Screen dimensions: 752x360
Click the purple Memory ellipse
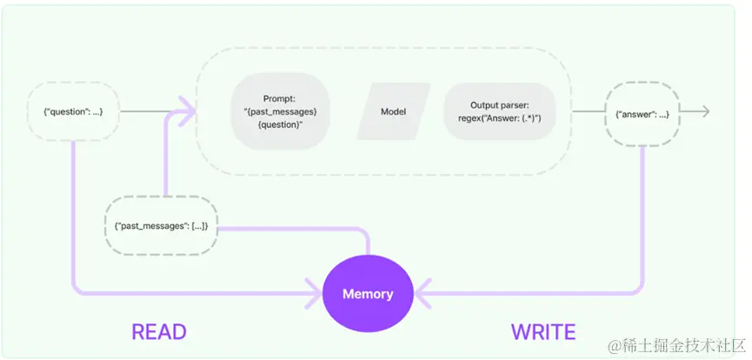368,293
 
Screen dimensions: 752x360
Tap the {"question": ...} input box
72,112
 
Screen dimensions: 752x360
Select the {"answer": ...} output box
642,115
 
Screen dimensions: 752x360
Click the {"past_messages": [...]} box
161,225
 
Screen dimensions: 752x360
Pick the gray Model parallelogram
393,112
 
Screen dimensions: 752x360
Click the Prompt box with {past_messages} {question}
281,111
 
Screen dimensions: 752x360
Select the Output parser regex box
500,111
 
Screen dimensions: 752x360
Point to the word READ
159,332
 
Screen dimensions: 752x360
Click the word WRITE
543,332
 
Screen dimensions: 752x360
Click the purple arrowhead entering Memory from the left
313,293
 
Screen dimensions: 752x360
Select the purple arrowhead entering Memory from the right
423,293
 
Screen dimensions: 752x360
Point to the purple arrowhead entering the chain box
187,112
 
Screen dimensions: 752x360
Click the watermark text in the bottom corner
676,345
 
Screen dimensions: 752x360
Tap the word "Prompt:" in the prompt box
280,99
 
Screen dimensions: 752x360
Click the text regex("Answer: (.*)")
500,118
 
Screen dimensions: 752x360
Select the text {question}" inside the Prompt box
281,124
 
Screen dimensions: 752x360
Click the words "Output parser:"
499,105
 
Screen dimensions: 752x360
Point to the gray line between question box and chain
149,112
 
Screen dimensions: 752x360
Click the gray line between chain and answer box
588,112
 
